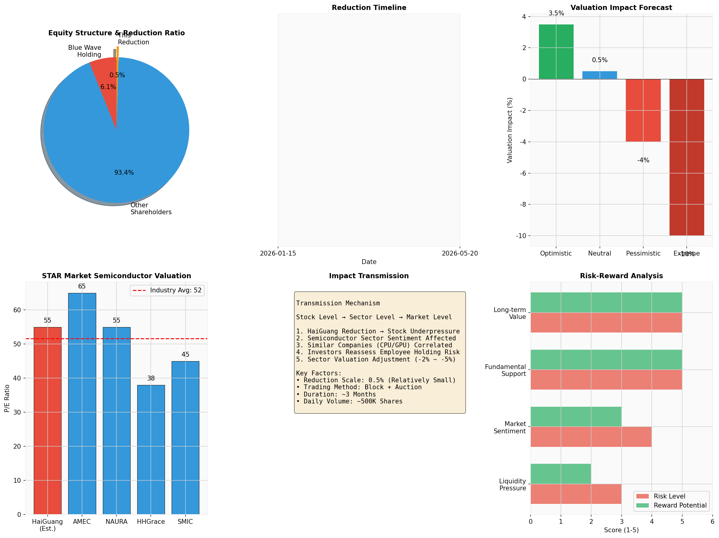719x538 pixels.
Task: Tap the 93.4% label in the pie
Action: [x=124, y=172]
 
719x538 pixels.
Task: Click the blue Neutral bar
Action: [x=599, y=75]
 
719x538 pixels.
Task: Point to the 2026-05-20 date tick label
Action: [x=460, y=253]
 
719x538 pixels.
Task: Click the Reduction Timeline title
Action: [x=369, y=8]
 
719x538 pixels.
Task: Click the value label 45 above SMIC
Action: [x=185, y=354]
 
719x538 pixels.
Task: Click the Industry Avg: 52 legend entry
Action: [x=167, y=290]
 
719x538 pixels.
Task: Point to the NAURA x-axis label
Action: [x=116, y=521]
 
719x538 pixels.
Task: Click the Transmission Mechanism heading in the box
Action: [x=338, y=303]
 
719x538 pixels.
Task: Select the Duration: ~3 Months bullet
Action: [x=336, y=394]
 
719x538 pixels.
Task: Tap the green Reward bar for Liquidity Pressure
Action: [x=561, y=474]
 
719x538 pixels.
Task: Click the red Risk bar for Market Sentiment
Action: [x=591, y=437]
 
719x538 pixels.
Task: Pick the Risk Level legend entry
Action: [x=670, y=496]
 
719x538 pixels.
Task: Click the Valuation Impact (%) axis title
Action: [x=509, y=130]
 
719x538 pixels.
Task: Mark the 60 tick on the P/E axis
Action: [x=17, y=310]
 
